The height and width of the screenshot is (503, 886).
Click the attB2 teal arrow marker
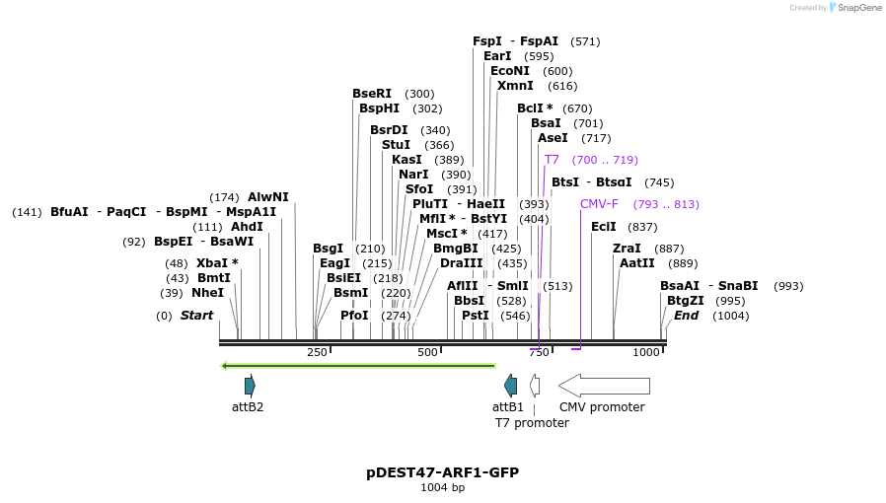click(x=250, y=385)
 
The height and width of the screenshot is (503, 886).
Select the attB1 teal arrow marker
click(x=510, y=385)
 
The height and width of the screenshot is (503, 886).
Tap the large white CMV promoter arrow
click(x=604, y=385)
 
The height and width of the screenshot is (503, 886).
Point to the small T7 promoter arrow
click(x=535, y=385)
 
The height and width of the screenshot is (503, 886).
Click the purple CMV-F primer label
click(x=599, y=204)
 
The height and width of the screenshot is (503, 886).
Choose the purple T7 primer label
click(x=552, y=160)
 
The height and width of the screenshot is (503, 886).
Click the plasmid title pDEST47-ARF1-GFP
click(x=442, y=472)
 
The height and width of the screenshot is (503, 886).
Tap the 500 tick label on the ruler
click(x=427, y=353)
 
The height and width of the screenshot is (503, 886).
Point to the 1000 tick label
click(x=646, y=353)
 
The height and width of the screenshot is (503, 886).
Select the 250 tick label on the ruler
click(x=317, y=353)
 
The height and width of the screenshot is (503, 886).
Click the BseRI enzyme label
click(x=372, y=94)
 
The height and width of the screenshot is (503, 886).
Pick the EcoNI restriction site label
click(x=510, y=71)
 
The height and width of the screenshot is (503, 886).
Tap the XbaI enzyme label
click(x=212, y=263)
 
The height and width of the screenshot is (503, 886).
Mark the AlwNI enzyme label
click(x=268, y=197)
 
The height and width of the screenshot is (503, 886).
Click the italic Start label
click(x=196, y=316)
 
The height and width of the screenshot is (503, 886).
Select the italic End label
click(x=686, y=316)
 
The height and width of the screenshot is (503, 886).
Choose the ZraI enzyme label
click(x=627, y=249)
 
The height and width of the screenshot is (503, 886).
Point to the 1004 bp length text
click(x=442, y=488)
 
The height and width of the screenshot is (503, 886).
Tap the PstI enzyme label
click(x=476, y=316)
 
